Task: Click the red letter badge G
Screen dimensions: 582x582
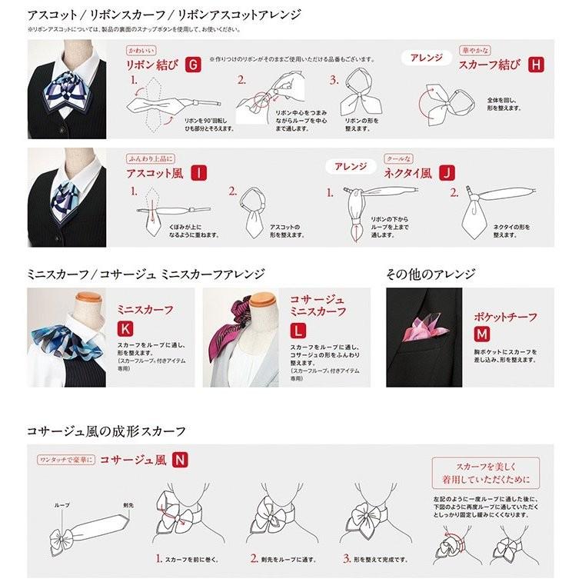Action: point(194,65)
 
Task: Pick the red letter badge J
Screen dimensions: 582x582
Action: point(446,173)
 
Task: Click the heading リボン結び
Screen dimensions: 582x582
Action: point(152,65)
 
